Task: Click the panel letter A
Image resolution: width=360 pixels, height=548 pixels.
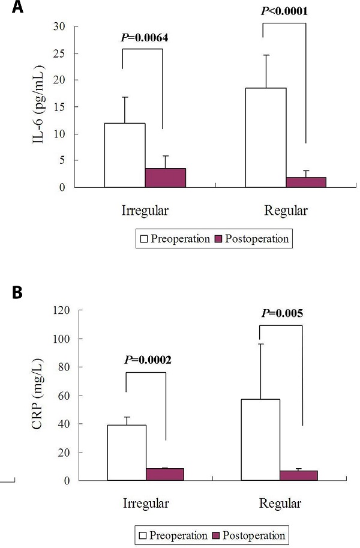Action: point(8,8)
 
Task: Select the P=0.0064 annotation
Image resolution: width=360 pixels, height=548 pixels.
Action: point(145,38)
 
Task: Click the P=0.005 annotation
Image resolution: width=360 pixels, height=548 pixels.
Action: point(283,313)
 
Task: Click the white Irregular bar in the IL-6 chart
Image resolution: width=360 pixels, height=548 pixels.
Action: point(125,155)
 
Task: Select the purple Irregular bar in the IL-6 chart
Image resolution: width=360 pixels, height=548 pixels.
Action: point(165,178)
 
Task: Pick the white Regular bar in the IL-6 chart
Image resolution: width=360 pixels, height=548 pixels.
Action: point(265,137)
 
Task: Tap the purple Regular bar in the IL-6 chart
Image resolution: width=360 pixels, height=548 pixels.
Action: point(306,182)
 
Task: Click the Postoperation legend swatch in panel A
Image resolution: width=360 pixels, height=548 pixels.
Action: point(218,239)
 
